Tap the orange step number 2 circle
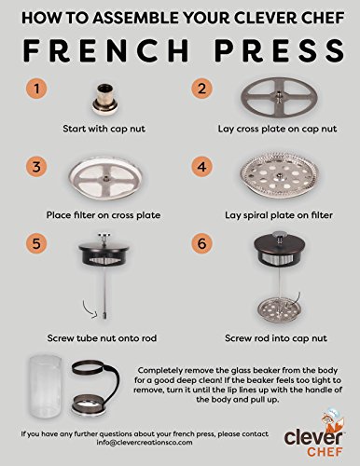(200, 89)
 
